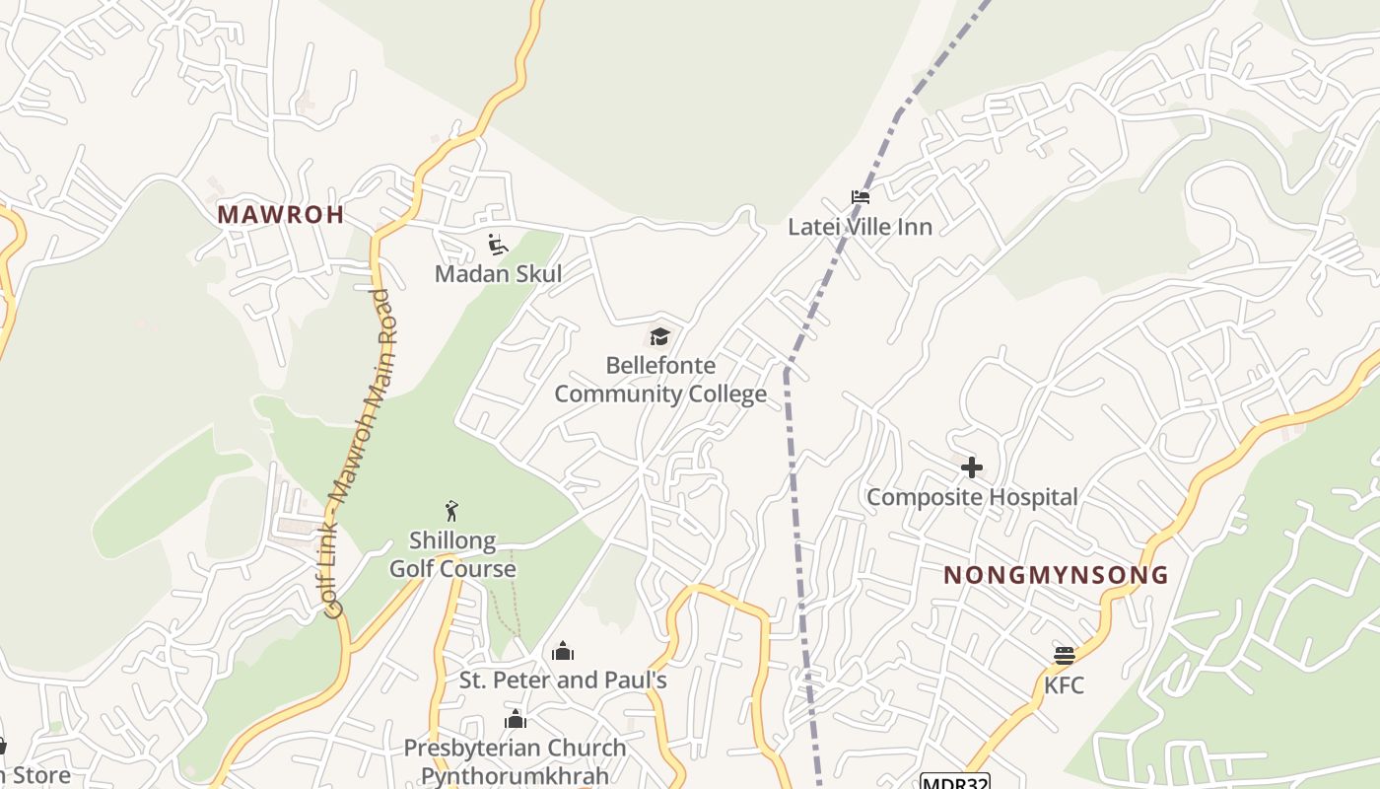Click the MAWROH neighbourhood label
(281, 214)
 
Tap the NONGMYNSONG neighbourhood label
(1056, 575)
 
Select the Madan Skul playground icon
(498, 245)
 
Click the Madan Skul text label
(498, 274)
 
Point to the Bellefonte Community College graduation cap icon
(659, 337)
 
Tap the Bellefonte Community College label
(660, 380)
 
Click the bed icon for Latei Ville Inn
(861, 197)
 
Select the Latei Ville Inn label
(860, 227)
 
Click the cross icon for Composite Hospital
(972, 467)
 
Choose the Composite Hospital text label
(972, 497)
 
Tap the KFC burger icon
(1064, 655)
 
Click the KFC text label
(1064, 684)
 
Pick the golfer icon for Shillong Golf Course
(452, 511)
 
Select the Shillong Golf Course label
(452, 554)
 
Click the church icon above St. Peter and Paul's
(563, 651)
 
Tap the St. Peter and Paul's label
(563, 681)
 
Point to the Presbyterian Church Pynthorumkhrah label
(515, 761)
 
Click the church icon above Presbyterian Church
(515, 719)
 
